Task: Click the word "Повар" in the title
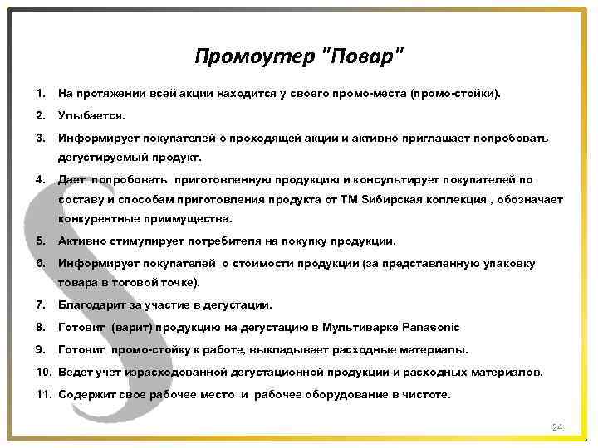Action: click(361, 56)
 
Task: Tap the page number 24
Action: click(557, 427)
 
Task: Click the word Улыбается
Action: click(91, 116)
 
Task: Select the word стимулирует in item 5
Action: click(143, 241)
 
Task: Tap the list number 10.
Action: click(44, 373)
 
